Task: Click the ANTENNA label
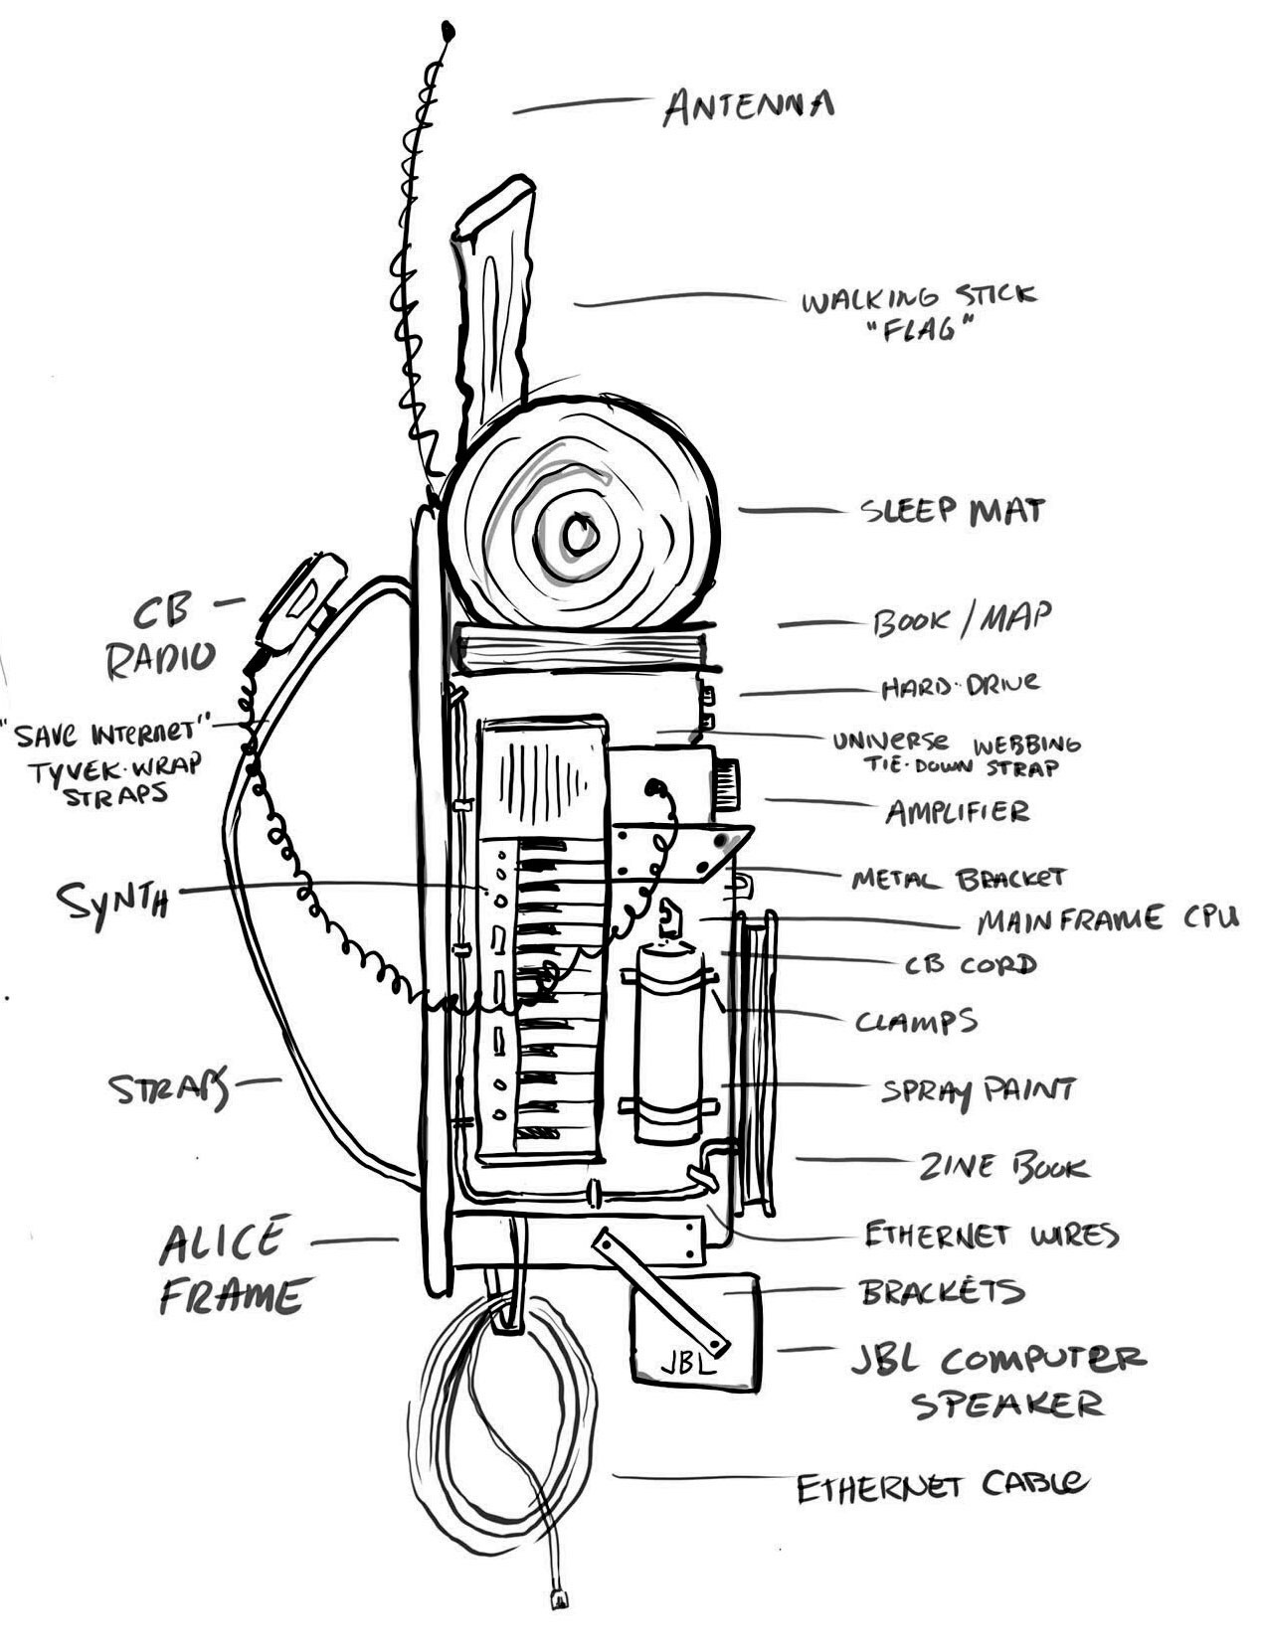(x=748, y=106)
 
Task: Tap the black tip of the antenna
(x=449, y=30)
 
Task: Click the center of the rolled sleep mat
(x=580, y=535)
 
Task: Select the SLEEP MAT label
(x=952, y=511)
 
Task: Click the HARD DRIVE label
(x=960, y=684)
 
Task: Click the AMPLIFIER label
(x=957, y=811)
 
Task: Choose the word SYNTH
(x=112, y=901)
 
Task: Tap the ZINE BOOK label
(x=1003, y=1166)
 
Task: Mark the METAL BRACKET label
(x=959, y=878)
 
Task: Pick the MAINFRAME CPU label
(x=1107, y=920)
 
